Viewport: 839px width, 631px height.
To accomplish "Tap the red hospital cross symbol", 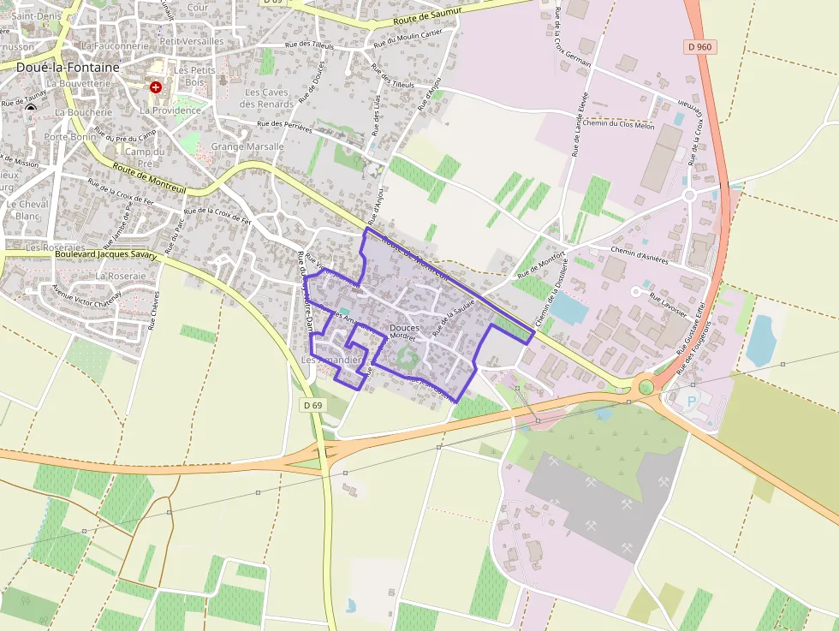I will tap(155, 87).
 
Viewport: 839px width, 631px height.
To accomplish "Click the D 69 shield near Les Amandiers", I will tap(312, 405).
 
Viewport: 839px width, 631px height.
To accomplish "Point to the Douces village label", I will tap(404, 328).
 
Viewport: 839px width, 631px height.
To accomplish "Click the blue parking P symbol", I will tap(692, 400).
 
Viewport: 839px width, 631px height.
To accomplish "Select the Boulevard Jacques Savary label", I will tap(106, 254).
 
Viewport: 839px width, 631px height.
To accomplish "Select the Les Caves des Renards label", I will tap(266, 98).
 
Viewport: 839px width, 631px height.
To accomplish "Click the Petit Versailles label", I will tap(192, 40).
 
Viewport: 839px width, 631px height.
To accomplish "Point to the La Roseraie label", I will tap(121, 277).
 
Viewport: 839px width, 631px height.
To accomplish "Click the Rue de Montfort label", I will tap(541, 266).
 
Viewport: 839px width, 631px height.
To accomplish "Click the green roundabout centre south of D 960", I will tap(646, 387).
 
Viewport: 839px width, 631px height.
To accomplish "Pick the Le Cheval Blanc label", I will tap(27, 210).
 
